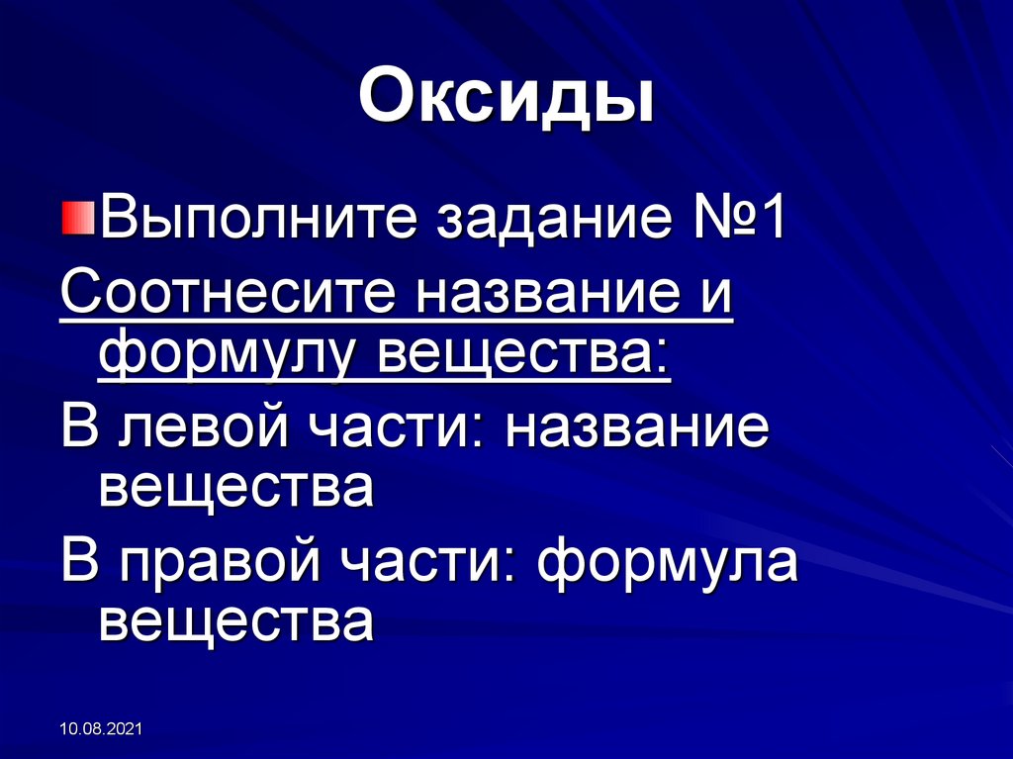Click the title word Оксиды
click(506, 100)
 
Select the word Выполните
click(257, 220)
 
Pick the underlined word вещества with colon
click(525, 358)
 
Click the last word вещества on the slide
click(236, 622)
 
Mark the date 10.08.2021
click(102, 729)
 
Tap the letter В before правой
click(78, 560)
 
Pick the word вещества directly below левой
click(236, 489)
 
